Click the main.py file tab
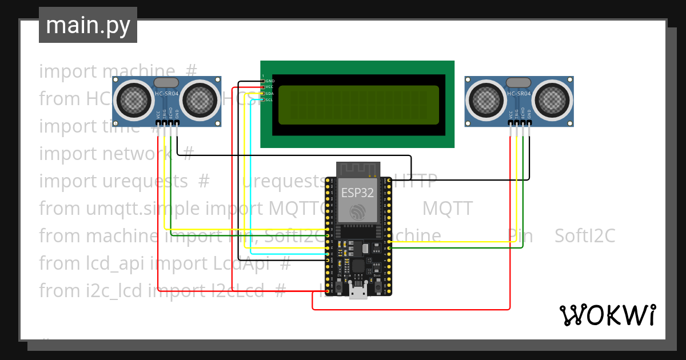point(87,25)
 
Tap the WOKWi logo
point(607,315)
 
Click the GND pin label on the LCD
point(270,81)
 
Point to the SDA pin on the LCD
point(270,93)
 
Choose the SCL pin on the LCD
point(270,99)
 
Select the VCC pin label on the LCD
point(270,87)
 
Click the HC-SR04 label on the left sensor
point(166,94)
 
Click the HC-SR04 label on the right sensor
point(519,94)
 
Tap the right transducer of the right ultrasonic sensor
point(553,101)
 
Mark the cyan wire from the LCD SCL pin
point(250,171)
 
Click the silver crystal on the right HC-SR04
point(519,83)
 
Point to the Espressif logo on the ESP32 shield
point(358,211)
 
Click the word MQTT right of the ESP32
point(447,209)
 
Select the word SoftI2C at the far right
point(584,235)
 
